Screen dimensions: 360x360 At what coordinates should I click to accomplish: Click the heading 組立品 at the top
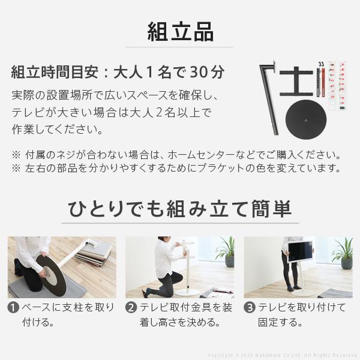tap(180, 29)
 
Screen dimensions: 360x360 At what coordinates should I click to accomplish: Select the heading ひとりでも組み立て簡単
tap(179, 209)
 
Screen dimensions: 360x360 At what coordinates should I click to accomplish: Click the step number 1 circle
tap(13, 308)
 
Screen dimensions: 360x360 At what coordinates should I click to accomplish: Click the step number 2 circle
tap(131, 308)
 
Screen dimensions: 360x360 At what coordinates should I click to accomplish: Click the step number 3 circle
tap(250, 308)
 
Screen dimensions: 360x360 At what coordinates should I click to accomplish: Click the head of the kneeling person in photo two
tap(164, 244)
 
